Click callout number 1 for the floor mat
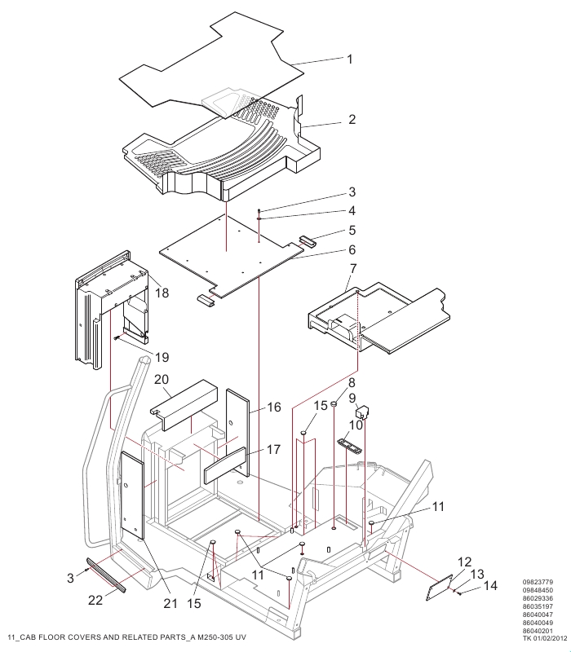350,59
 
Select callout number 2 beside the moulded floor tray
352,120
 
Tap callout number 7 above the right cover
353,269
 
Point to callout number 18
162,293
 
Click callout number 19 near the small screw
162,357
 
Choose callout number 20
162,380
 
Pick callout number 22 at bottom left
95,600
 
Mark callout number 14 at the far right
491,586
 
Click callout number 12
464,562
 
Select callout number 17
273,450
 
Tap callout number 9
352,399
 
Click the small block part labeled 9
362,412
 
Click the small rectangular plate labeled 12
439,587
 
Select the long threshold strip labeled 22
106,575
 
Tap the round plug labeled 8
334,403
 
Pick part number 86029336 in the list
538,598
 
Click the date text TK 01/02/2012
545,638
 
